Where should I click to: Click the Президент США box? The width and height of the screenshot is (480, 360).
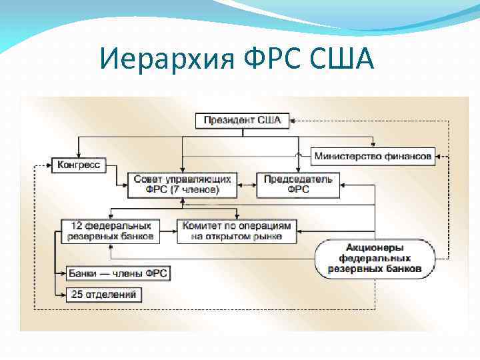242,121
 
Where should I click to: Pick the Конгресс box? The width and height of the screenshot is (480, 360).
79,164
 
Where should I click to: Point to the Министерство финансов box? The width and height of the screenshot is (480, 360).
373,157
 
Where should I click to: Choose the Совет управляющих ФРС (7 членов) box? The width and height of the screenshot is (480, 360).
183,184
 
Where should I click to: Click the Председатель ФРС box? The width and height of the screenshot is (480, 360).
298,184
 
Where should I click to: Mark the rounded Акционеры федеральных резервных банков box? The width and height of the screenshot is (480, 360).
374,257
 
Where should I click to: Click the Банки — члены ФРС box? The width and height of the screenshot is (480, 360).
117,273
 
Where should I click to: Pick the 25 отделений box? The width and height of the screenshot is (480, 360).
103,293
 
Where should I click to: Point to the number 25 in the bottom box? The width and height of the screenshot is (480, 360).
76,293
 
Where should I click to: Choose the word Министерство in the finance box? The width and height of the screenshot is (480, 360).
347,157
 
